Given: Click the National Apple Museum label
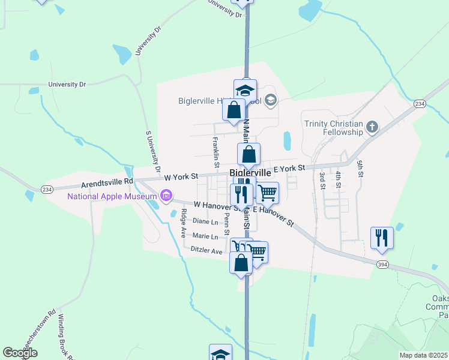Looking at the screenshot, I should [x=112, y=196].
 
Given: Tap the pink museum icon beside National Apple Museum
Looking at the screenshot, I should [x=166, y=196].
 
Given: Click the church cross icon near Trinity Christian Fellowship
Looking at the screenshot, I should [x=372, y=127].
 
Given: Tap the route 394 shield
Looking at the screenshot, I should [x=382, y=265].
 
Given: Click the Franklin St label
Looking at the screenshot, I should [x=216, y=153].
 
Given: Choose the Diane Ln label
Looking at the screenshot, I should [x=206, y=221].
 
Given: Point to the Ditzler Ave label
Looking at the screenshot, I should [x=206, y=250].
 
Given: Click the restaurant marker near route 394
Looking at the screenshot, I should [x=381, y=238].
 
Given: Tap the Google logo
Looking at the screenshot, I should [x=20, y=353].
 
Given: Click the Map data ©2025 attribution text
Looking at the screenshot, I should [x=423, y=355].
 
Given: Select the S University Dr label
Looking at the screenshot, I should [x=154, y=149].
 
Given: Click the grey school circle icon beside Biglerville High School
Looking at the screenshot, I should [x=271, y=100].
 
